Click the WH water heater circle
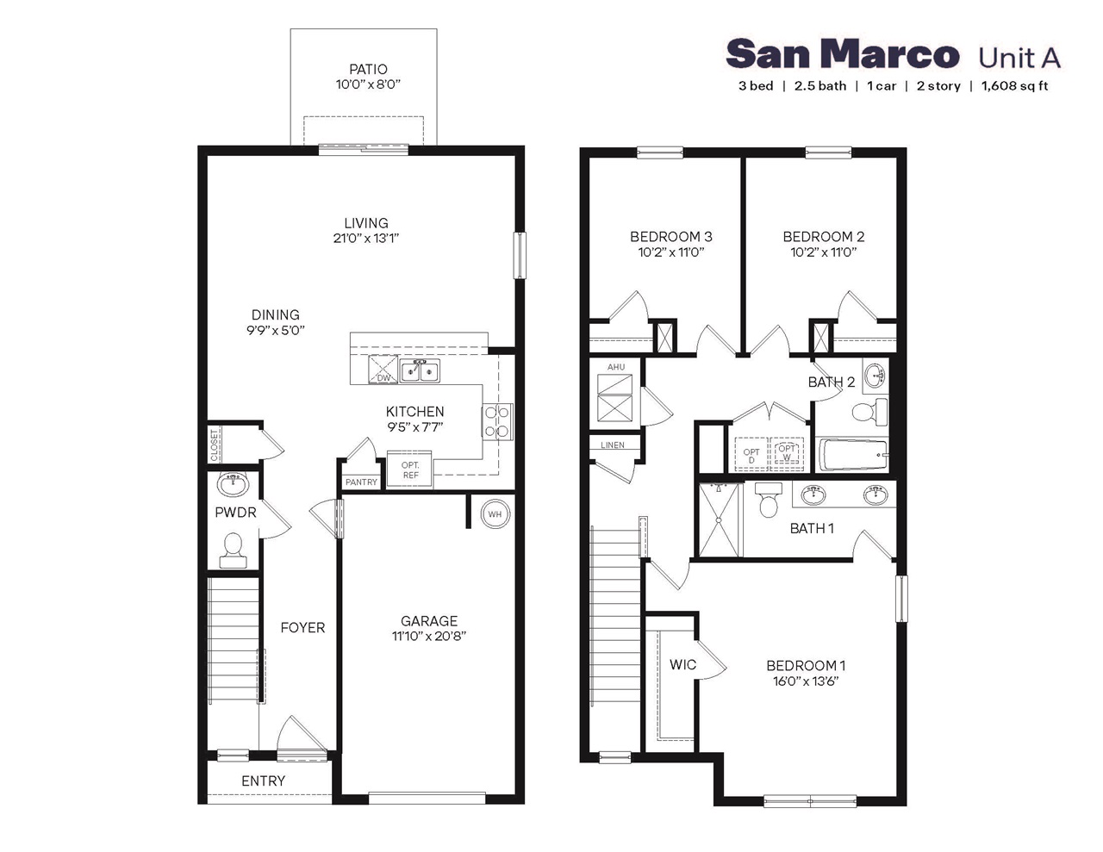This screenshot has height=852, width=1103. [x=495, y=514]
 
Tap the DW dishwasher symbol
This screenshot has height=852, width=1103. [x=383, y=370]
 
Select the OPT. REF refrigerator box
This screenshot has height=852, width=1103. [x=410, y=470]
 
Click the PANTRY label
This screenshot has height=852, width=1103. [x=361, y=482]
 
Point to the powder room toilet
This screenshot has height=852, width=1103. [x=233, y=549]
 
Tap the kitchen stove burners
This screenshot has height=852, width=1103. [x=496, y=421]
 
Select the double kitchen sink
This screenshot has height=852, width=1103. [x=420, y=371]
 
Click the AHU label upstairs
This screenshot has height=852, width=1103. [x=616, y=367]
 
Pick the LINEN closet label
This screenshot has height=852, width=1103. [x=613, y=445]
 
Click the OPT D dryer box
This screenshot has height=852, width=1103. [x=751, y=455]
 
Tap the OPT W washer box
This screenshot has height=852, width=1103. [x=787, y=452]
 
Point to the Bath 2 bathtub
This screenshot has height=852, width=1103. [x=852, y=453]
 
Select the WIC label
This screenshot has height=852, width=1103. [x=682, y=664]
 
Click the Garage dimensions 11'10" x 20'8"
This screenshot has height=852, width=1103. [x=429, y=637]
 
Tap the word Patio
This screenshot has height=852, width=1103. [x=368, y=69]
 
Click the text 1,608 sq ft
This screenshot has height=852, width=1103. [x=1014, y=86]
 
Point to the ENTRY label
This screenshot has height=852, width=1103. [x=263, y=780]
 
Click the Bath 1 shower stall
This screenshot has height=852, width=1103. [x=720, y=519]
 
